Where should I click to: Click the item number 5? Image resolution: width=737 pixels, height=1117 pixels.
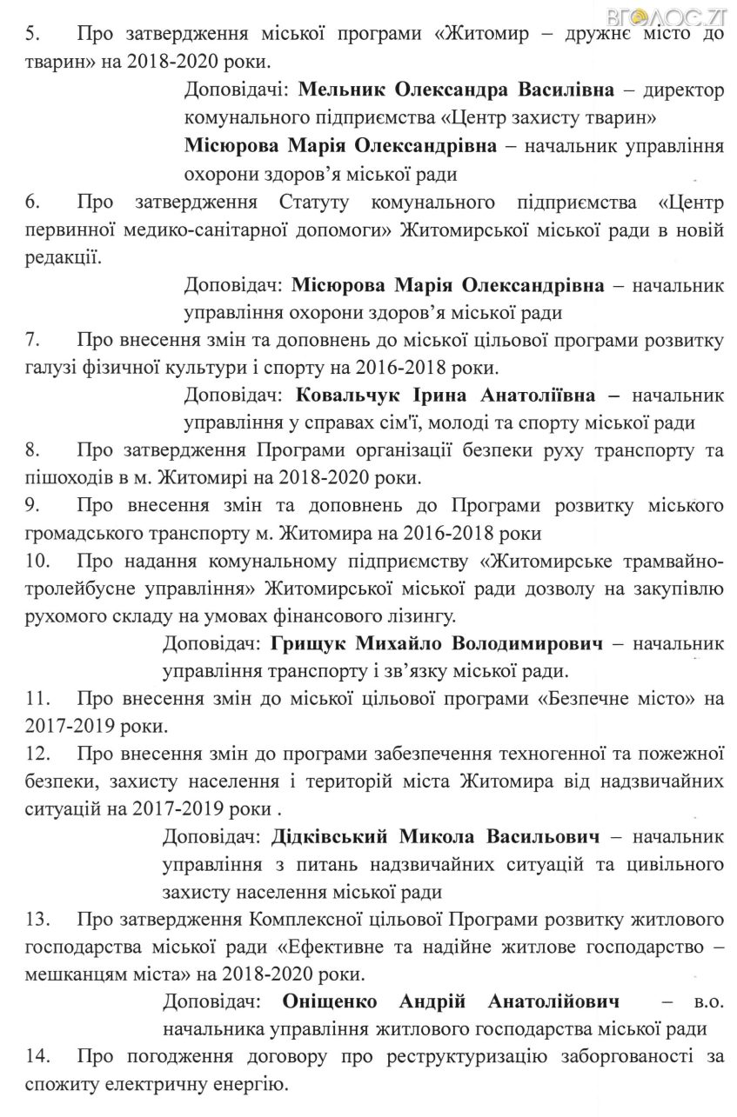[30, 36]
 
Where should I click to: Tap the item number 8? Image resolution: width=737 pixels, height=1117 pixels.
[30, 451]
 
